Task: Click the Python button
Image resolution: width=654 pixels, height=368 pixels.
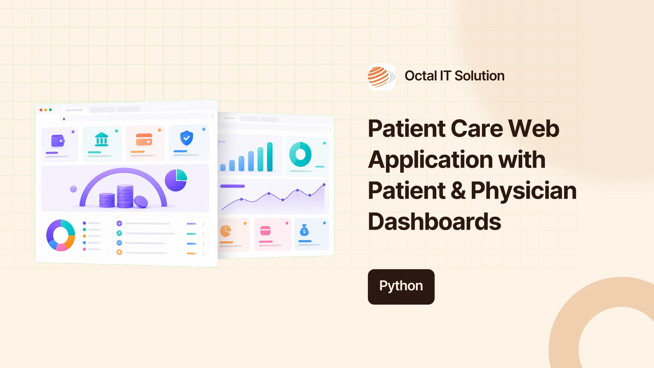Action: tap(401, 287)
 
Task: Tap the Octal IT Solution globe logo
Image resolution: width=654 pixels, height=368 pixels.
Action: tap(381, 77)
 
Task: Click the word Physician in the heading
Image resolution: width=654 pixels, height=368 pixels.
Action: tap(524, 190)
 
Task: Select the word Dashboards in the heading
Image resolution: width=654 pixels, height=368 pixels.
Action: tap(434, 221)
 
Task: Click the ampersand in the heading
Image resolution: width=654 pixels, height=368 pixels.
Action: tap(458, 190)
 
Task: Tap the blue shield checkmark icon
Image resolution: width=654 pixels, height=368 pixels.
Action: tap(186, 138)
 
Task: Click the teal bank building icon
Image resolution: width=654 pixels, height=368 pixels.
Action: tap(102, 139)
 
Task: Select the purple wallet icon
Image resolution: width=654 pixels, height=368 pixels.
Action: tap(58, 140)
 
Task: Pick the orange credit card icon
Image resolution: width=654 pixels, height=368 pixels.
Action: tap(144, 139)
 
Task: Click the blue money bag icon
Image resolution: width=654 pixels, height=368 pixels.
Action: tap(304, 230)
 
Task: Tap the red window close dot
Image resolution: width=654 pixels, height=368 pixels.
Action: tap(41, 110)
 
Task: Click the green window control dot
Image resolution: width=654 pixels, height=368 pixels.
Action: tap(50, 110)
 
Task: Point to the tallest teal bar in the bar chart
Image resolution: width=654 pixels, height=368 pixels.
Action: tap(270, 157)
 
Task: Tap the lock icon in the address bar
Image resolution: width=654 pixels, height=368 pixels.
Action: tap(64, 119)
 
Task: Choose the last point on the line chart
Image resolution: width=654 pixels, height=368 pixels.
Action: tap(324, 185)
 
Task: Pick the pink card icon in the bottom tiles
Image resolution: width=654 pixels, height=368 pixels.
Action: tap(265, 231)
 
